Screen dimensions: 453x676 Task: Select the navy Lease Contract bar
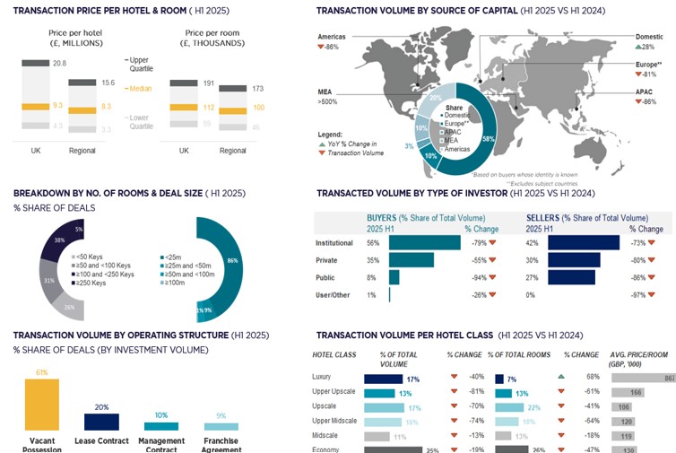pos(101,422)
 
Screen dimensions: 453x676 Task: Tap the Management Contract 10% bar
pos(161,425)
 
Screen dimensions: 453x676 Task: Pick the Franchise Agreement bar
pos(221,426)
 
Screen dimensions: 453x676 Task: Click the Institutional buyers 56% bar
pos(425,243)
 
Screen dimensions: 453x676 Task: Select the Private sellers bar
pos(574,260)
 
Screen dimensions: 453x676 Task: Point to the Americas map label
pos(333,35)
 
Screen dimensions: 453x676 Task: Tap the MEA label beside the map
pos(325,92)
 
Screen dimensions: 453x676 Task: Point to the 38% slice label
pos(58,240)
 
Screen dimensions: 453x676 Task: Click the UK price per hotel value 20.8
pos(59,63)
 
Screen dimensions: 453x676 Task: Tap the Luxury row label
pos(333,377)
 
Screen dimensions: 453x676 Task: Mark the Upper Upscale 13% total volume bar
pos(380,393)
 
